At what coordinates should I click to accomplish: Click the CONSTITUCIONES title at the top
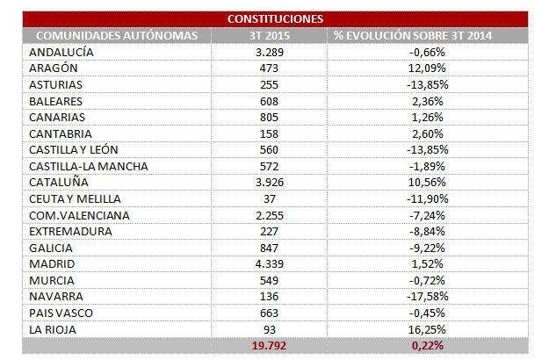coord(274,18)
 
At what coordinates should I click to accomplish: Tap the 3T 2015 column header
coord(270,35)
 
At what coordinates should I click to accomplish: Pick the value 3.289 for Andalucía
coord(270,52)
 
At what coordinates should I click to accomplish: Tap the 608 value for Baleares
coord(270,101)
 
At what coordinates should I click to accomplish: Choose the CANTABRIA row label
coord(61,133)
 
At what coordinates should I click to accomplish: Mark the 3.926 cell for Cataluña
coord(270,183)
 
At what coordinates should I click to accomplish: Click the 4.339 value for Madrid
coord(270,264)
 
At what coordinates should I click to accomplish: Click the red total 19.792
coord(270,346)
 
